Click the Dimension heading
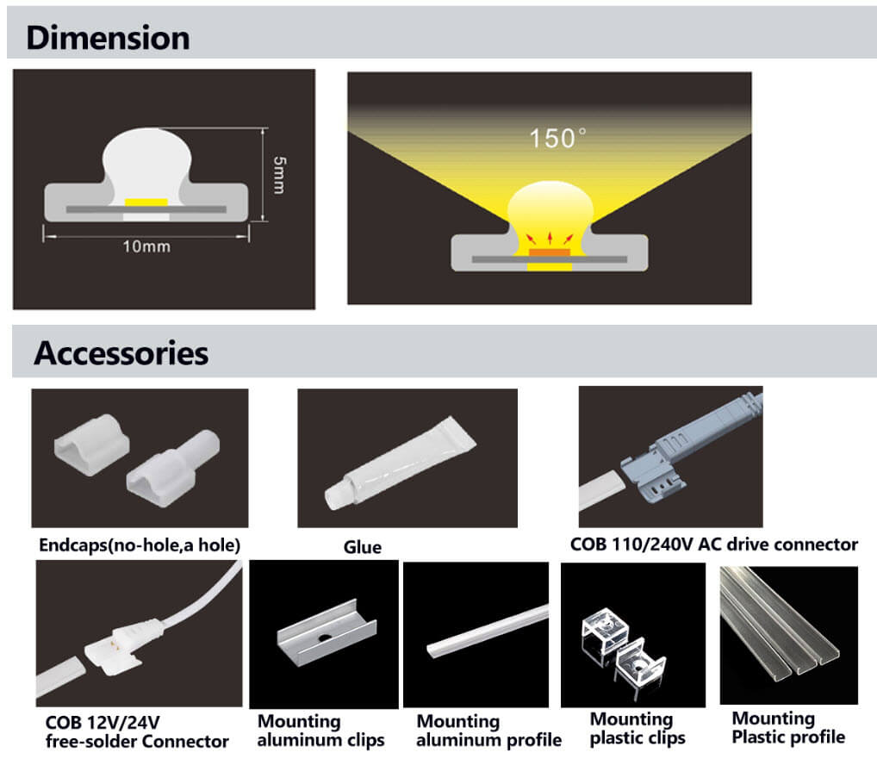(x=108, y=38)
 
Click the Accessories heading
(x=121, y=353)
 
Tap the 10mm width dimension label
(x=146, y=247)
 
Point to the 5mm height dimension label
(x=277, y=175)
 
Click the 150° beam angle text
(x=557, y=138)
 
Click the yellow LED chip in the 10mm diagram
(x=146, y=202)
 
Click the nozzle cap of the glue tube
(x=335, y=497)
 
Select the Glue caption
(x=362, y=547)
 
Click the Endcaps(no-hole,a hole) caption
(x=140, y=545)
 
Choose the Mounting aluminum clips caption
(x=321, y=731)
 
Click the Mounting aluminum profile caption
(x=488, y=731)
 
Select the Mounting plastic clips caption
(x=638, y=728)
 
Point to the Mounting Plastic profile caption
(x=787, y=727)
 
